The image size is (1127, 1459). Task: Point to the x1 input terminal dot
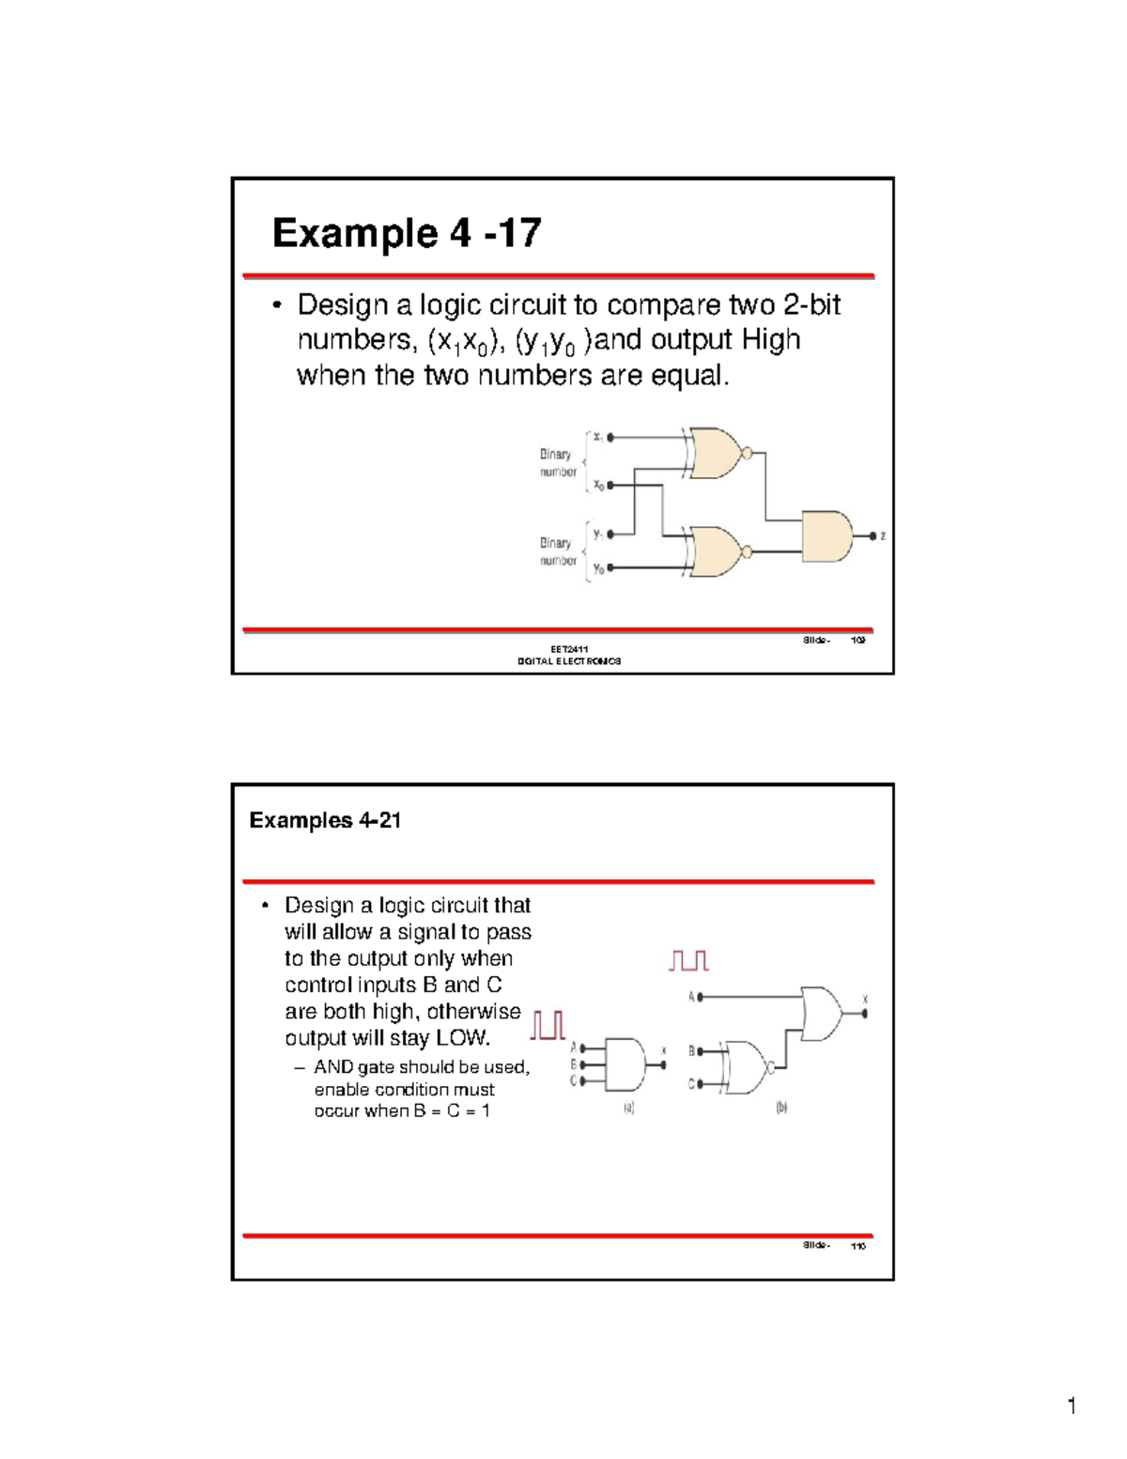point(611,437)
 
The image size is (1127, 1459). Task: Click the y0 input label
point(598,569)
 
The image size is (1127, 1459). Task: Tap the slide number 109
point(857,641)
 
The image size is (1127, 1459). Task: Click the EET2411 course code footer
point(568,649)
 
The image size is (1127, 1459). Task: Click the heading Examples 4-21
point(325,820)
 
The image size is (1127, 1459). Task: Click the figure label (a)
point(629,1109)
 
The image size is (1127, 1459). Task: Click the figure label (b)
point(781,1109)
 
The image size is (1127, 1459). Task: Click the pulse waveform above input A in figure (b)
point(688,960)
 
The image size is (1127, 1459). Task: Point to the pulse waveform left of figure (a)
point(548,1025)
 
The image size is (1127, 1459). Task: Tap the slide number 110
point(857,1246)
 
